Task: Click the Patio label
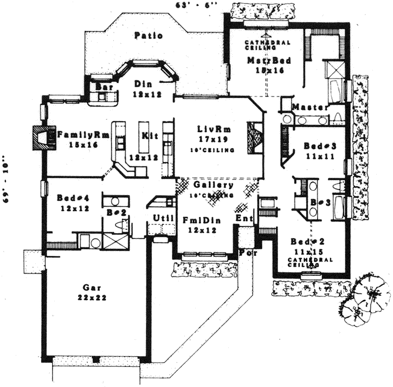click(x=149, y=36)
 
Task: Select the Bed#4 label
click(x=71, y=198)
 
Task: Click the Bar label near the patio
click(x=102, y=87)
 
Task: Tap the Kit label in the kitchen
click(x=147, y=136)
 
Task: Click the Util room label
click(x=163, y=217)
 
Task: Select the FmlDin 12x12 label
click(x=199, y=223)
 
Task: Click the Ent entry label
click(x=242, y=218)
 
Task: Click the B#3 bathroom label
click(x=317, y=203)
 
